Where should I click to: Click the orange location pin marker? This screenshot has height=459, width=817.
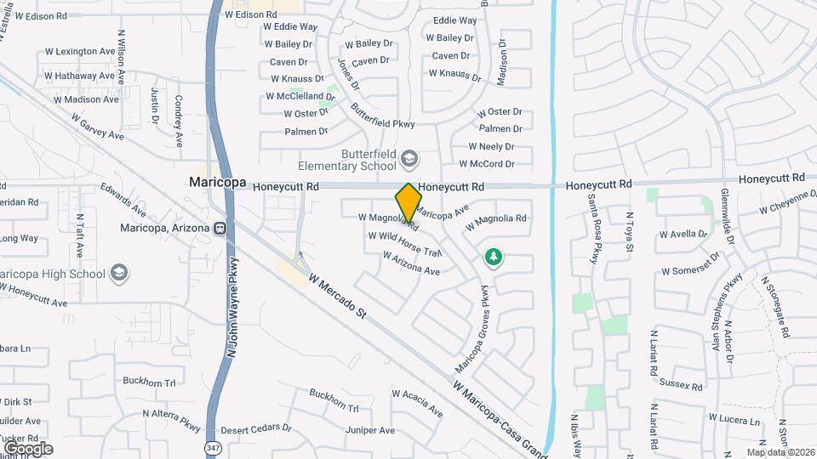click(x=408, y=202)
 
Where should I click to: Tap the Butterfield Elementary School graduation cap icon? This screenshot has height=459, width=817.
click(x=409, y=159)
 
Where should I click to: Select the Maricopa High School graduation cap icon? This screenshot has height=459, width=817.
click(x=120, y=273)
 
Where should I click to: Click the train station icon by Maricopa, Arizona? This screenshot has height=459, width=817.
click(x=220, y=229)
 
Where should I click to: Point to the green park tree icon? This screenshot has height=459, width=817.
click(x=492, y=256)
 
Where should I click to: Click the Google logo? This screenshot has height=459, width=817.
click(x=27, y=448)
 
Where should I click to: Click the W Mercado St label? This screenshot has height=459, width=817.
click(x=337, y=296)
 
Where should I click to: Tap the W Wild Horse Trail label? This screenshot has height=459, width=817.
click(x=405, y=242)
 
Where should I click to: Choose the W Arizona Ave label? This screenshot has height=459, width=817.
click(x=411, y=263)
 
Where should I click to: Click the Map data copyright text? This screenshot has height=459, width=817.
click(x=780, y=452)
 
